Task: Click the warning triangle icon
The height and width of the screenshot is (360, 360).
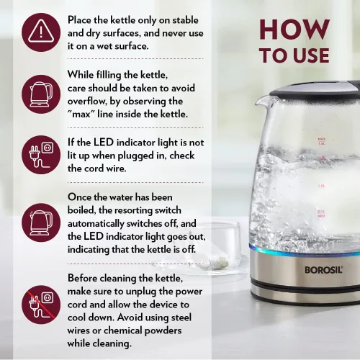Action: click(x=41, y=32)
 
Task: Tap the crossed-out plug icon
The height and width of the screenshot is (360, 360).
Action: click(x=41, y=305)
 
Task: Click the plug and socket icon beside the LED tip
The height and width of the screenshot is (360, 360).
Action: click(x=41, y=155)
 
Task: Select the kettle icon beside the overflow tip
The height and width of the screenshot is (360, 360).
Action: click(x=41, y=94)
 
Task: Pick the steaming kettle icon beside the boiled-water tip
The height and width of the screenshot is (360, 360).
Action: click(x=41, y=222)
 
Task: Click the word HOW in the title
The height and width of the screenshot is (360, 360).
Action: click(x=294, y=30)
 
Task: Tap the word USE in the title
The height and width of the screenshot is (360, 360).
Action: click(x=311, y=55)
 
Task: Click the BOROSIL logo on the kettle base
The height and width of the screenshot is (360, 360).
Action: click(x=323, y=270)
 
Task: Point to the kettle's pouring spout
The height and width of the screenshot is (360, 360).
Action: click(x=261, y=101)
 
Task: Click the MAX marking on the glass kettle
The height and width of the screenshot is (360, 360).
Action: click(x=321, y=139)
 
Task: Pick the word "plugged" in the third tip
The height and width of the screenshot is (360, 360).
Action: click(x=135, y=156)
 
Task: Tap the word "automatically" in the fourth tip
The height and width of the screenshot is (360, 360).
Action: click(x=96, y=224)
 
